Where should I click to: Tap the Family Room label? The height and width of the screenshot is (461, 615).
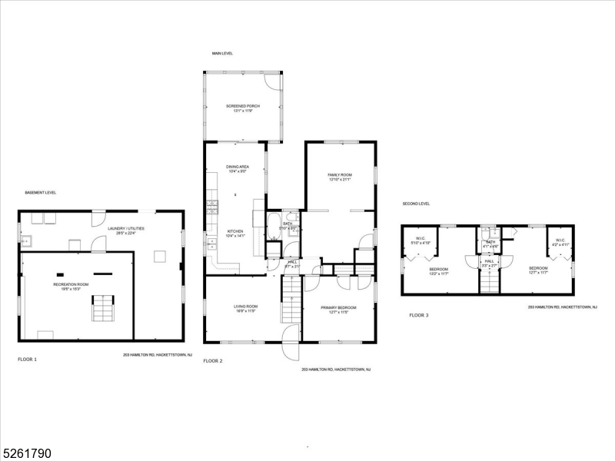(340, 177)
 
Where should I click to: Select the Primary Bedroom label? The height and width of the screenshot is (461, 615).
(338, 309)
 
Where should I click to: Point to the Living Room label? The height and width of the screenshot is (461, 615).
(246, 309)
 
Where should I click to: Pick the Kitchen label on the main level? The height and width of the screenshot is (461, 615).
(235, 233)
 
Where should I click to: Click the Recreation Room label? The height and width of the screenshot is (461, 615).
(71, 286)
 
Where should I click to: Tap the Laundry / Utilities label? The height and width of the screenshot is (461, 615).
(125, 230)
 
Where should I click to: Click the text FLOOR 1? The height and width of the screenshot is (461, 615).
(27, 359)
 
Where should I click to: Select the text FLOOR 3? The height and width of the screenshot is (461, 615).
(419, 315)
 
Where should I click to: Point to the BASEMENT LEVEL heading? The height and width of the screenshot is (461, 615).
(40, 192)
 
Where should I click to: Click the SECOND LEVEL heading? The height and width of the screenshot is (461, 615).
(416, 204)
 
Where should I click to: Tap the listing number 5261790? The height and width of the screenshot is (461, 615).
(26, 453)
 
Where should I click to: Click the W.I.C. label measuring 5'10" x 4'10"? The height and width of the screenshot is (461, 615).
(421, 240)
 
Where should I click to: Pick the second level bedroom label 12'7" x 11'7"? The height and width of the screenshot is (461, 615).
(537, 270)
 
